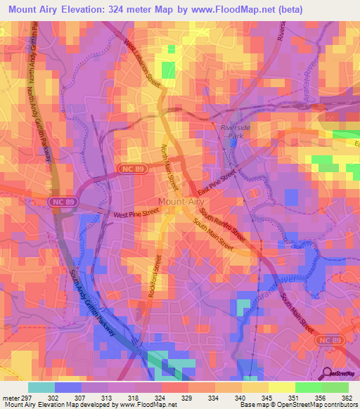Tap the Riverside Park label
click(236, 132)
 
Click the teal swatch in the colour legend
click(41, 387)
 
